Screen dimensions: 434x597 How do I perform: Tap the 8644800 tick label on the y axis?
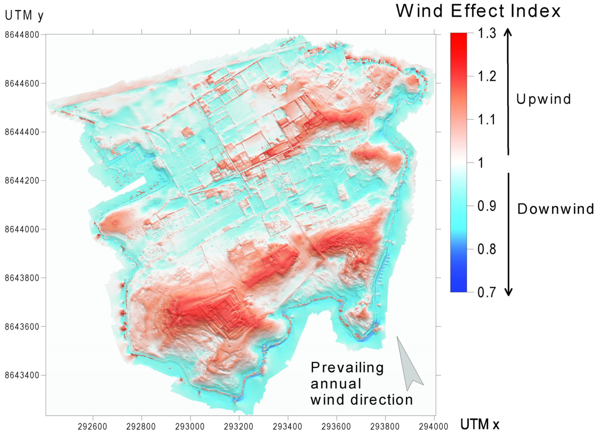(22, 35)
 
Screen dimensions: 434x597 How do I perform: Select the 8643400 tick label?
(22, 375)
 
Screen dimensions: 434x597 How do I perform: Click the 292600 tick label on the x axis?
(93, 426)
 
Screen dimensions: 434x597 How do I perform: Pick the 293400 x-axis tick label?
(288, 426)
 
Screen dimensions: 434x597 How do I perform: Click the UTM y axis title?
(24, 16)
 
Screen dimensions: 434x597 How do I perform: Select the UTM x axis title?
(480, 424)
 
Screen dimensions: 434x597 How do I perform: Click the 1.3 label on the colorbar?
(487, 33)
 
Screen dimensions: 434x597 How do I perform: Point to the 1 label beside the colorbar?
(481, 163)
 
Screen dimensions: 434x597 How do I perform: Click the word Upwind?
(543, 99)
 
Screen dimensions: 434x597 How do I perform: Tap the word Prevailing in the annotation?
(347, 367)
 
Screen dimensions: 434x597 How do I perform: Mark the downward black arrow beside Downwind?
(509, 234)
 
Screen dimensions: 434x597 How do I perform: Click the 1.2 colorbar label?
(487, 77)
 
